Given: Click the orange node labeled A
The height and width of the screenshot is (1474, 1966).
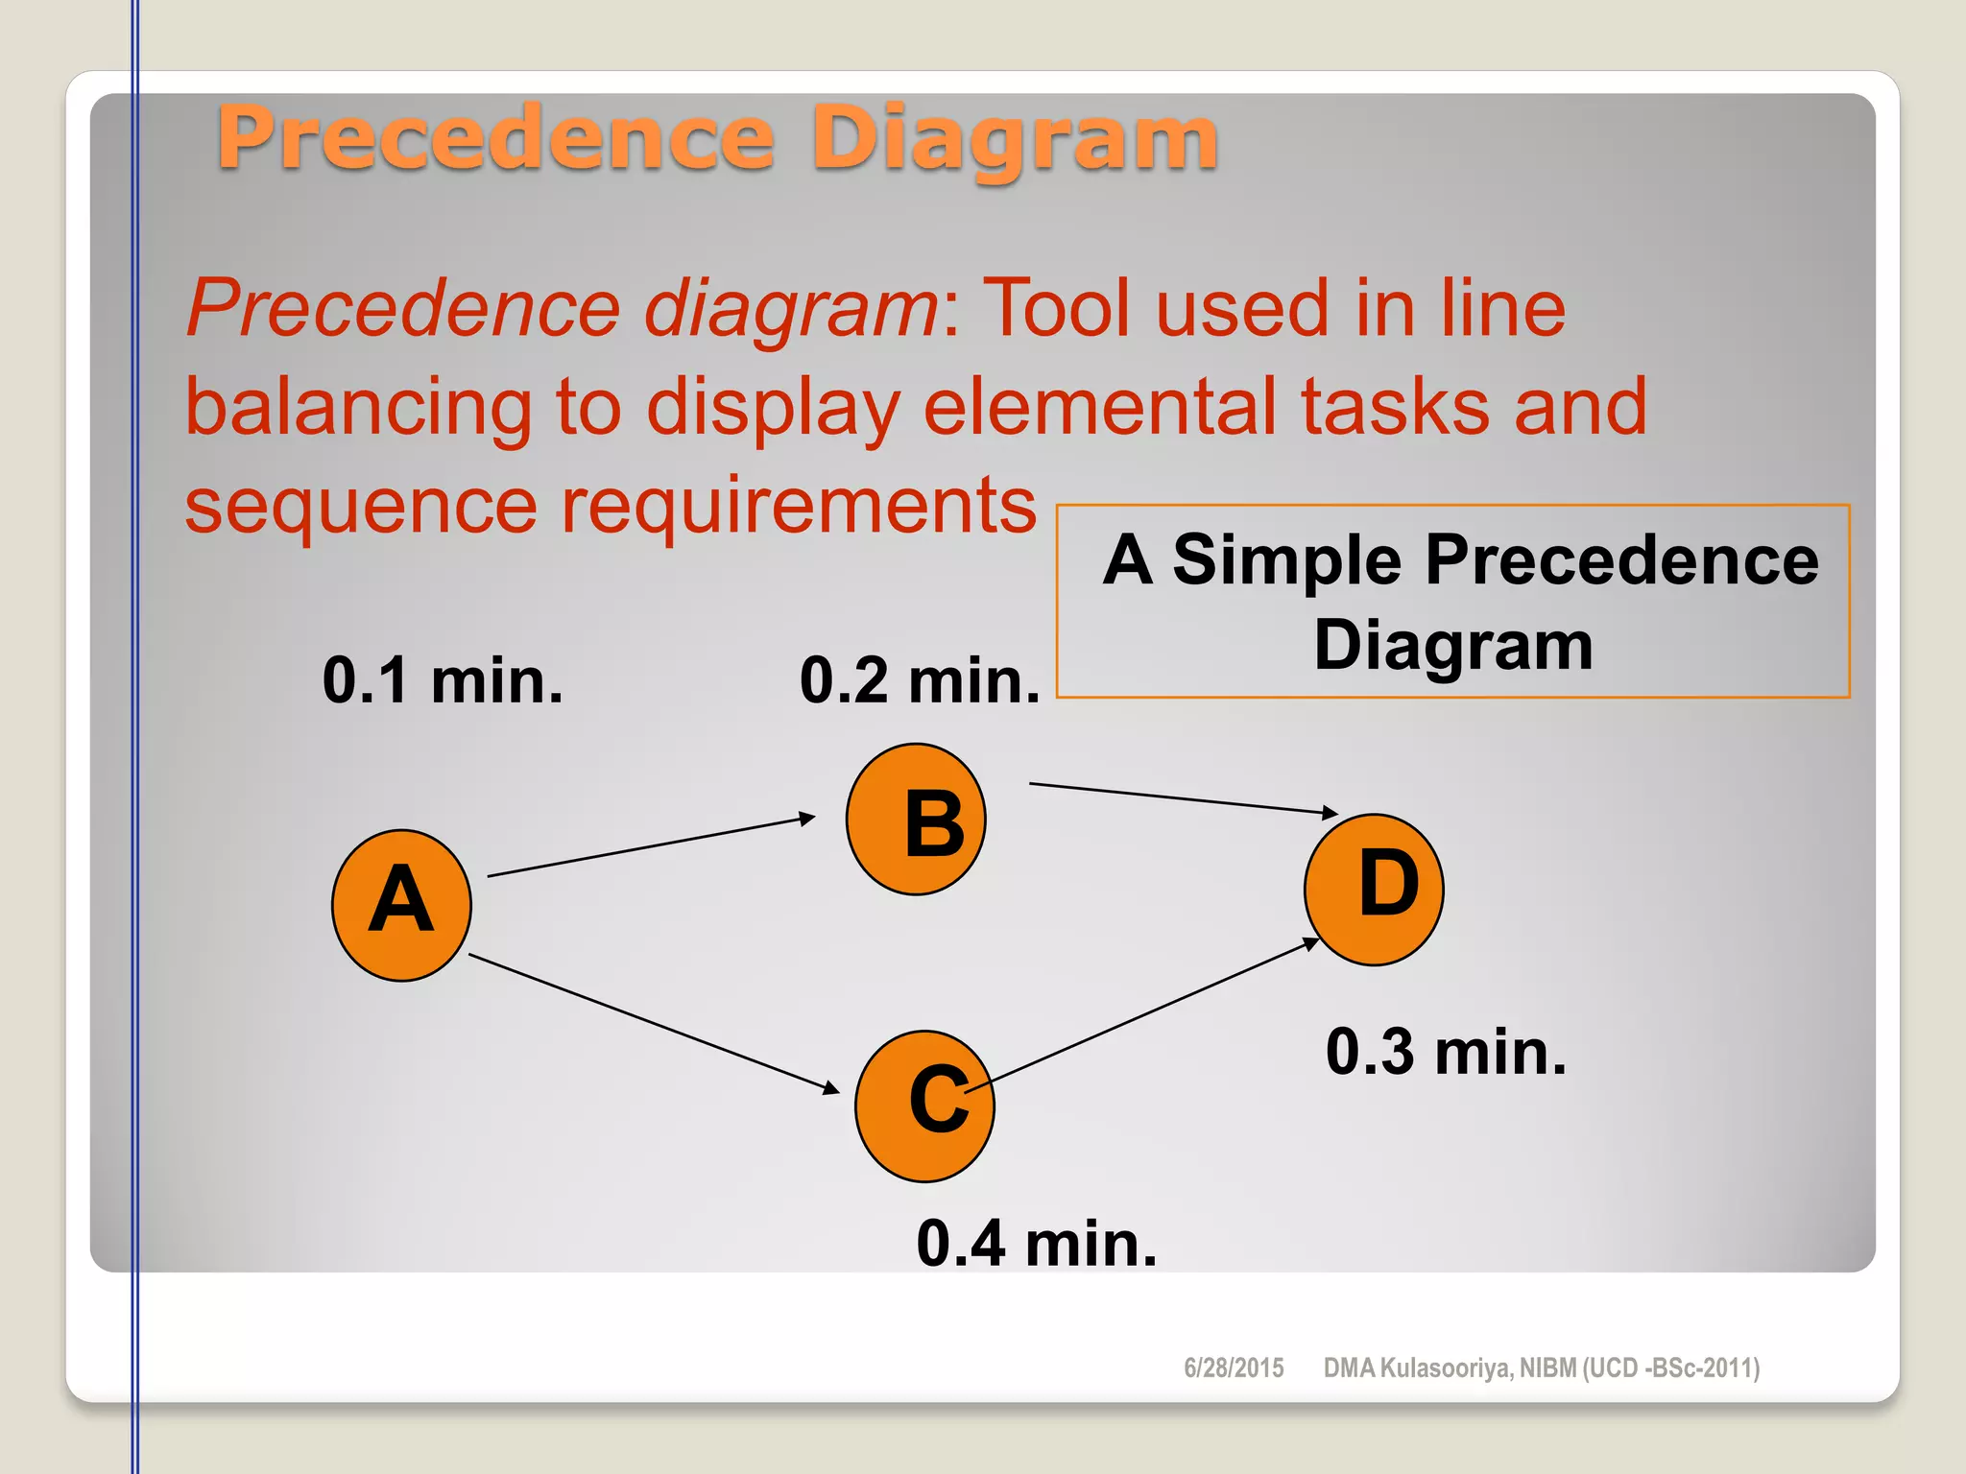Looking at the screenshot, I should click(401, 905).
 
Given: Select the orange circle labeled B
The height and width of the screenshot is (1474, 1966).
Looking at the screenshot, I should click(916, 820).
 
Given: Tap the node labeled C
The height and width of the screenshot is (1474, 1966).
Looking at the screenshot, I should click(924, 1106).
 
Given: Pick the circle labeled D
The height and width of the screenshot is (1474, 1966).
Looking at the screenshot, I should click(1374, 890).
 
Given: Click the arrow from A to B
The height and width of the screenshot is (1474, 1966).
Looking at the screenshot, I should click(651, 846).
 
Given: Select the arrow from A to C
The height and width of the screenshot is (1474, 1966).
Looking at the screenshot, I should click(653, 1023).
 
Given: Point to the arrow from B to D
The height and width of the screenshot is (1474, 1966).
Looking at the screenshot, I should click(1183, 798).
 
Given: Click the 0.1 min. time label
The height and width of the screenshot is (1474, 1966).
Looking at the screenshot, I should click(443, 680).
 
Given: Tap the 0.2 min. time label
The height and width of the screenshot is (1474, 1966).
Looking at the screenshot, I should click(920, 680).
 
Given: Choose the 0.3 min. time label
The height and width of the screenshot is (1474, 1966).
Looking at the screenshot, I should click(1446, 1052).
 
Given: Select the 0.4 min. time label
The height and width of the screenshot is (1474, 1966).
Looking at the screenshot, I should click(1037, 1244).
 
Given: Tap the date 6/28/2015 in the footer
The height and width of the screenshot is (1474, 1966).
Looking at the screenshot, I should click(1234, 1367).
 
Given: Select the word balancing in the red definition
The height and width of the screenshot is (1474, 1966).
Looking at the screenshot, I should click(358, 408).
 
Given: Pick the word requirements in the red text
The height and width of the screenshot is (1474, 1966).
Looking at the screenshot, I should click(798, 506).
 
